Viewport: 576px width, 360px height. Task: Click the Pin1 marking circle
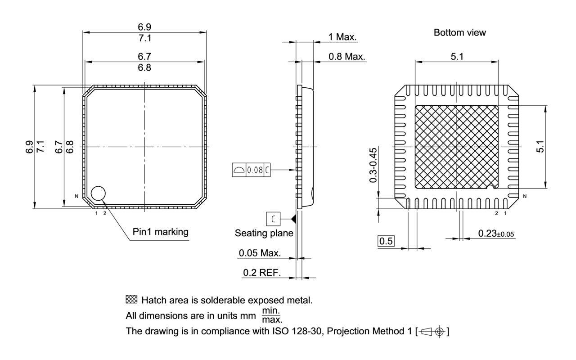pyautogui.click(x=98, y=193)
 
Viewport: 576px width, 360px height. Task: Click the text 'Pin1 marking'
pyautogui.click(x=161, y=232)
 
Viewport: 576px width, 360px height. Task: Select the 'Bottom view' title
pyautogui.click(x=459, y=33)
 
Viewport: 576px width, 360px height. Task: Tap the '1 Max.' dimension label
pyautogui.click(x=342, y=37)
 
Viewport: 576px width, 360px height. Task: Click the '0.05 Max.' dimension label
pyautogui.click(x=259, y=253)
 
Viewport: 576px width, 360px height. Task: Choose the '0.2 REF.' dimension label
pyautogui.click(x=261, y=272)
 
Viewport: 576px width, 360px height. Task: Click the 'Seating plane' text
pyautogui.click(x=264, y=233)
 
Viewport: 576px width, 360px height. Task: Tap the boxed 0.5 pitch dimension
pyautogui.click(x=386, y=242)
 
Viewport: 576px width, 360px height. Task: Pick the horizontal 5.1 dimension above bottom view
pyautogui.click(x=457, y=56)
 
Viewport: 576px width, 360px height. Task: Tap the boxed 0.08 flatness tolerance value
pyautogui.click(x=255, y=170)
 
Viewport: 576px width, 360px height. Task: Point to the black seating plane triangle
pyautogui.click(x=293, y=219)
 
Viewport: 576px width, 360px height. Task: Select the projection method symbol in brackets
pyautogui.click(x=433, y=332)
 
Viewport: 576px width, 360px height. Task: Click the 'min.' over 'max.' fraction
pyautogui.click(x=272, y=315)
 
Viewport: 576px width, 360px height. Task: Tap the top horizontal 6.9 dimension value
pyautogui.click(x=145, y=27)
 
